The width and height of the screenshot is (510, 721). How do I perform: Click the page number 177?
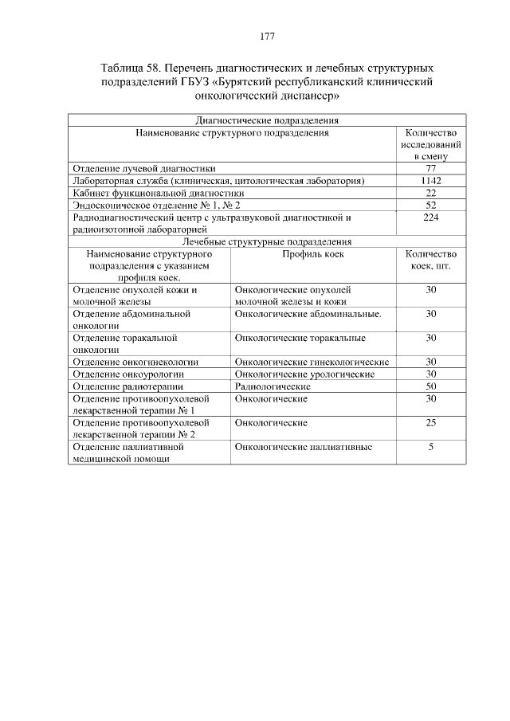coord(267,37)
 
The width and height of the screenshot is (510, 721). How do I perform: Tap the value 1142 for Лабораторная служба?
coord(430,181)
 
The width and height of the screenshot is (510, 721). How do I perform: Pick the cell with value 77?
coord(430,169)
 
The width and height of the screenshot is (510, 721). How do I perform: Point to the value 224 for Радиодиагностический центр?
coord(430,217)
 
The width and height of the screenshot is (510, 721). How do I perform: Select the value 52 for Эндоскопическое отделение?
coord(430,205)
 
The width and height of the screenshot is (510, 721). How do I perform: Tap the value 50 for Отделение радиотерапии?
coord(430,386)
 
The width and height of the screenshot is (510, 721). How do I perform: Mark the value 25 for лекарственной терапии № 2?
coord(430,422)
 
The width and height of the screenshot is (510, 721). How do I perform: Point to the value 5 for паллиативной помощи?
coord(430,447)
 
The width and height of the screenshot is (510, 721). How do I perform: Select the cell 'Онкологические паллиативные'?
coord(304,447)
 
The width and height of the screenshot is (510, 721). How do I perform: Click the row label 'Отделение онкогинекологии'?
coord(135,362)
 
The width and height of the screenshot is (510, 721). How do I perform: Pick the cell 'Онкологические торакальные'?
coord(300,338)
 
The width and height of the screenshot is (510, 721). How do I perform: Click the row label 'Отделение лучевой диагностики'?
coord(143,169)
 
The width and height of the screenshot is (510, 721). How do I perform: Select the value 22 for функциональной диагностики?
coord(430,193)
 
